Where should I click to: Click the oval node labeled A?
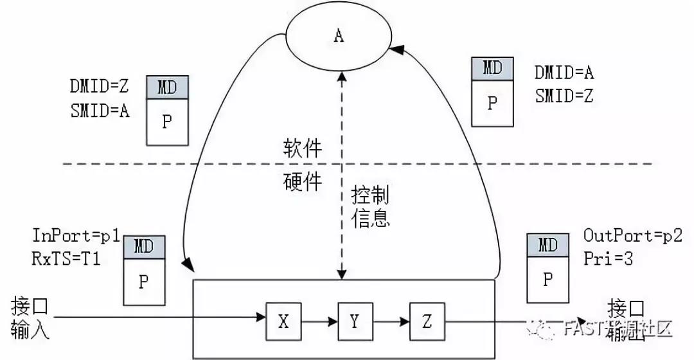pyautogui.click(x=339, y=36)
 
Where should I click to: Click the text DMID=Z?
pyautogui.click(x=100, y=87)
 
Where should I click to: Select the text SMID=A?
pyautogui.click(x=100, y=111)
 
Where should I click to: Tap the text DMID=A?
pyautogui.click(x=564, y=73)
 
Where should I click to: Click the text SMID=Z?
pyautogui.click(x=564, y=96)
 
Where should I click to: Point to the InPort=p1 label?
pyautogui.click(x=76, y=235)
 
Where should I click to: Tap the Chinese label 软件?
pyautogui.click(x=303, y=149)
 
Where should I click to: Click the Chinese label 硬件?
pyautogui.click(x=303, y=183)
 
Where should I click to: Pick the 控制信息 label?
pyautogui.click(x=370, y=207)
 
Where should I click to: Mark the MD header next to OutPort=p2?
pyautogui.click(x=547, y=244)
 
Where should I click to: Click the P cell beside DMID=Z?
pyautogui.click(x=167, y=122)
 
